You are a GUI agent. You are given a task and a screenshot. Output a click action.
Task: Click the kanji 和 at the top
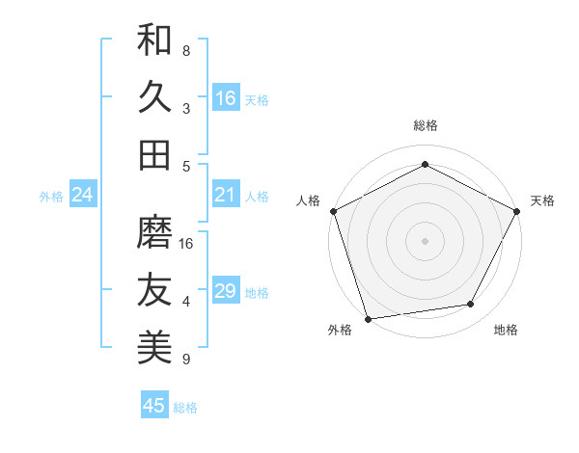coord(154,40)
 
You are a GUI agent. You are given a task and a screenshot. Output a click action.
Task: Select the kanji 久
coord(154,97)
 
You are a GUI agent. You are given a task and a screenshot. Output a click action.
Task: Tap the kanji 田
coord(154,154)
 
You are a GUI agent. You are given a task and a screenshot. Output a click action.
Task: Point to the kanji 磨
coord(154,232)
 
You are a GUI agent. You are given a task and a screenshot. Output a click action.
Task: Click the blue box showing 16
coord(226,97)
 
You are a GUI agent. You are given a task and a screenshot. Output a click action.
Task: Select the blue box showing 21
coord(226,196)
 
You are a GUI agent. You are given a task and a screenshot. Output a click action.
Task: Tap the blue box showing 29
coord(226,291)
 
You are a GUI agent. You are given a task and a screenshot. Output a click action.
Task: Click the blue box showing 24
coord(83,196)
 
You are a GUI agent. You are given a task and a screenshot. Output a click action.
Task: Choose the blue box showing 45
coord(154,406)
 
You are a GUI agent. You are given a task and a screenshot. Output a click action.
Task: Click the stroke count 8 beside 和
coord(186,50)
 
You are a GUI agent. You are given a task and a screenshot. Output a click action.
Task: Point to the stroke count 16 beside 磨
coord(187,244)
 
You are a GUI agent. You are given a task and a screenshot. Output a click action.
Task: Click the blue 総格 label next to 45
coord(185,408)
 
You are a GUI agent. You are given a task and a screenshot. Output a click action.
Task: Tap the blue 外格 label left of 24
coord(51,197)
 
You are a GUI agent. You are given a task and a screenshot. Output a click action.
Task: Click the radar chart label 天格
coord(542,200)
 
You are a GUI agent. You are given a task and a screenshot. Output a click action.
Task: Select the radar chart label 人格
coord(309,200)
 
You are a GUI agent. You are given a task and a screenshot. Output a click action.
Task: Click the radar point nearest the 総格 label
coord(425,164)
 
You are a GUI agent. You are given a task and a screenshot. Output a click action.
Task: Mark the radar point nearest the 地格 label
coord(471,305)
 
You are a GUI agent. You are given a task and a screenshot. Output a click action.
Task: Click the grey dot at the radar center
coord(425,240)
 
